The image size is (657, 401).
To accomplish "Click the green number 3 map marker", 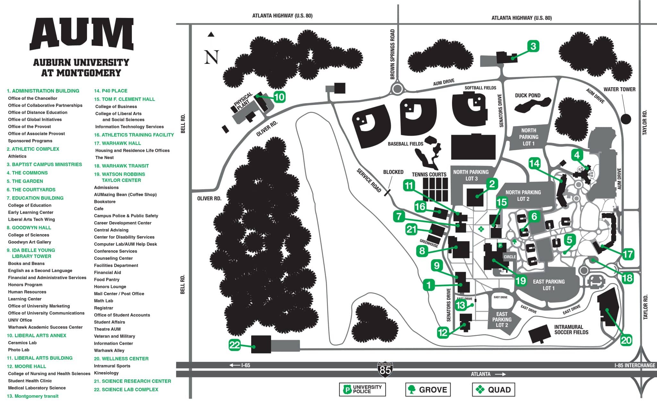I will (533, 46).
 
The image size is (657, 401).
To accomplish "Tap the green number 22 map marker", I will (235, 345).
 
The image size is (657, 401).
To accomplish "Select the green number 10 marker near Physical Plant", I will (279, 97).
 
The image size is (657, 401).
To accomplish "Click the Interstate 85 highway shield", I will (385, 369).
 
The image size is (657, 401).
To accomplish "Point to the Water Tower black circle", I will (626, 119).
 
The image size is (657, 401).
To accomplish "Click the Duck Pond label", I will (527, 96).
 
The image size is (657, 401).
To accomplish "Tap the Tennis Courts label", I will (429, 175).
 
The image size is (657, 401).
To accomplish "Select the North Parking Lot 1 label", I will (528, 137).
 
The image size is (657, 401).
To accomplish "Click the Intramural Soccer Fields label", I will (571, 330).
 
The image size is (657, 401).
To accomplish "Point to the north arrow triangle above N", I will (211, 34).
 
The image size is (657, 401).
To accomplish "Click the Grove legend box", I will (428, 390).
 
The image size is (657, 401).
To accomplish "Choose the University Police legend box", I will (363, 389).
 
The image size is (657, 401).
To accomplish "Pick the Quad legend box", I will (493, 390).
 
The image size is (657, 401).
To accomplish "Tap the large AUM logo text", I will (82, 34).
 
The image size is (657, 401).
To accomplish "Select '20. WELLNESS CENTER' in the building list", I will (121, 359).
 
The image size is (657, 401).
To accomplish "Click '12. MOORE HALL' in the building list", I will (26, 366).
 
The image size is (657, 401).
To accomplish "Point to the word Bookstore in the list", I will (105, 202).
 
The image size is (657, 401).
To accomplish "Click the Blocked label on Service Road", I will (393, 172).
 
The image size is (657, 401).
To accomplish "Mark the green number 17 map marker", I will (628, 254).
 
